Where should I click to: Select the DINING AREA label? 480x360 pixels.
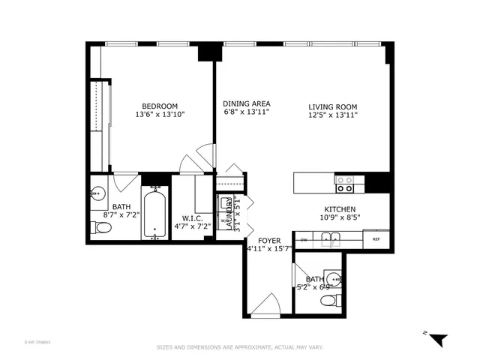coord(246,103)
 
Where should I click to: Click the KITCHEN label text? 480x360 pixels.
coord(339,209)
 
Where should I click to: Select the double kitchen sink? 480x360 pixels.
coord(331,239)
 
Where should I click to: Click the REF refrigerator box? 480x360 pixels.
coord(376,240)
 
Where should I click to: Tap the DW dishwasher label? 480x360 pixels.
coord(303,240)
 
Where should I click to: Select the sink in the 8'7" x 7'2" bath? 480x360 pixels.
coord(96,193)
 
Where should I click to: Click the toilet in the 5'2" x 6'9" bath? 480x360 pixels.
coord(328,301)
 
